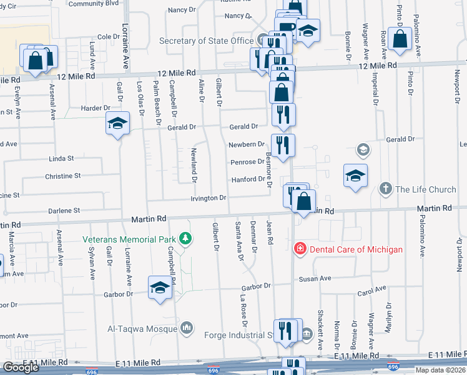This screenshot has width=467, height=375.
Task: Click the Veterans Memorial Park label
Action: (x=130, y=239)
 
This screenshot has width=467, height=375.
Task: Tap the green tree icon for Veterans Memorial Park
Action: (x=185, y=239)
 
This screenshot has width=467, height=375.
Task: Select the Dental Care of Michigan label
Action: (x=356, y=249)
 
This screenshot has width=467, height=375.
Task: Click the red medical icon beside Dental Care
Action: (x=300, y=249)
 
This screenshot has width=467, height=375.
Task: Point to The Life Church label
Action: (x=425, y=189)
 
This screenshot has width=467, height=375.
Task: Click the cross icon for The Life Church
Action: (x=386, y=188)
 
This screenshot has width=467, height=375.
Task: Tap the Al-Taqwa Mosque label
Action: (x=142, y=329)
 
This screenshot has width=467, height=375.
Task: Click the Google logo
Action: (x=21, y=367)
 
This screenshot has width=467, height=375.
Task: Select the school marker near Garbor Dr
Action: (x=160, y=287)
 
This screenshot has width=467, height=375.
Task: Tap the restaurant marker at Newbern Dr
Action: (x=283, y=146)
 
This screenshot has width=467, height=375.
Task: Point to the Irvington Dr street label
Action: (x=208, y=198)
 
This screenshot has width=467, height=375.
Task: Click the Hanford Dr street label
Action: (x=248, y=179)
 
